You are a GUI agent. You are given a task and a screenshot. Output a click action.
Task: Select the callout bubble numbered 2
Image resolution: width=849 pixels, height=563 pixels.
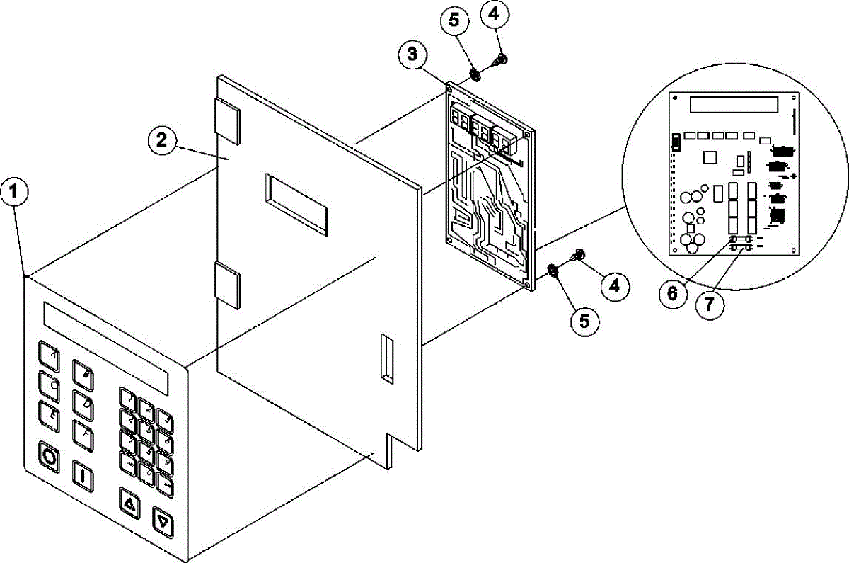coord(162,140)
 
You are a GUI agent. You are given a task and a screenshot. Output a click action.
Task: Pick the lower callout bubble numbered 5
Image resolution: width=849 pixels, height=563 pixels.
coord(584,320)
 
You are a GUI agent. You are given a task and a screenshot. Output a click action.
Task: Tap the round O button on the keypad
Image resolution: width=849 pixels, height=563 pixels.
coord(50,455)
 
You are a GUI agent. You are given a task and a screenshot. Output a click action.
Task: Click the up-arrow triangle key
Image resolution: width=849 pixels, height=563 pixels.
coord(129,504)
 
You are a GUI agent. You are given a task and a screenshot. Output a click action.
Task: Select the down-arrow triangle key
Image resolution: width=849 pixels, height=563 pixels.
coord(163,524)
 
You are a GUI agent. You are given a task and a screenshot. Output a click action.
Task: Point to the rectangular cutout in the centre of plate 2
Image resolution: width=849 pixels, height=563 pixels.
coord(297,204)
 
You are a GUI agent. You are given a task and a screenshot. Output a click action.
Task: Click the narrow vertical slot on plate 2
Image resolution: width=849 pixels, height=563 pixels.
coord(386,358)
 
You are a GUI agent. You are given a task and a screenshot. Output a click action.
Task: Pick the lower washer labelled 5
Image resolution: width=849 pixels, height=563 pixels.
coord(555,270)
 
